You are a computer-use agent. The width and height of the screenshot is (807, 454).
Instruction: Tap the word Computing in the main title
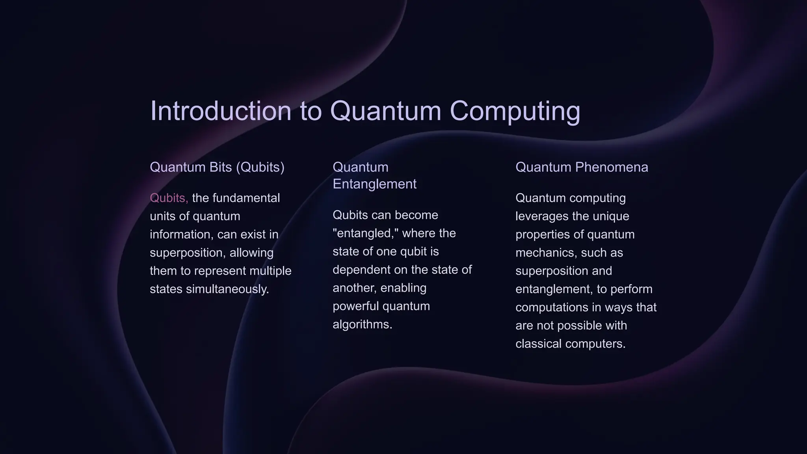pyautogui.click(x=515, y=111)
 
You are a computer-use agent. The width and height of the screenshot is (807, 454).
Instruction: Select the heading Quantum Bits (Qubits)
pyautogui.click(x=217, y=167)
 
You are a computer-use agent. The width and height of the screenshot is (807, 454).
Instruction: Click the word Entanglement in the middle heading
pyautogui.click(x=374, y=184)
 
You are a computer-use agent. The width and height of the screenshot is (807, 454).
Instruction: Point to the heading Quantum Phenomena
pyautogui.click(x=582, y=167)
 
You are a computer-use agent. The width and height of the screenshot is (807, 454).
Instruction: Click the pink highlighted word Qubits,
pyautogui.click(x=169, y=198)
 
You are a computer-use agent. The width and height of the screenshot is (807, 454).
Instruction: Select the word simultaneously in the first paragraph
pyautogui.click(x=227, y=289)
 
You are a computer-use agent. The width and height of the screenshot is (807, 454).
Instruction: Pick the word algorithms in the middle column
pyautogui.click(x=362, y=324)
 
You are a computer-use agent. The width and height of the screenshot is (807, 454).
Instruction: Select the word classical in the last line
pyautogui.click(x=538, y=344)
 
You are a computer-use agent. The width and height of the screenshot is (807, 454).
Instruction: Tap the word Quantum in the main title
pyautogui.click(x=385, y=111)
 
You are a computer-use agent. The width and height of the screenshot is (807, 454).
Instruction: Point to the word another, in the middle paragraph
pyautogui.click(x=355, y=288)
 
